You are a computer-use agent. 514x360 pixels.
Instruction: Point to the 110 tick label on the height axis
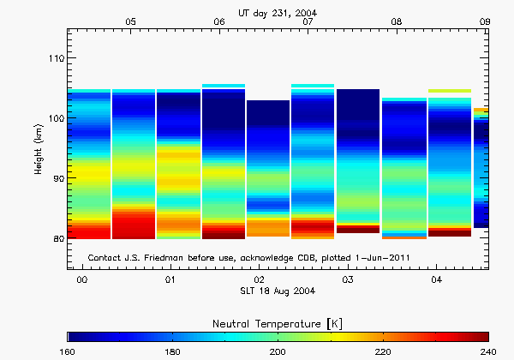pos(55,57)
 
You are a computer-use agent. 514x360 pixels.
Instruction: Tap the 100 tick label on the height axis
pos(55,117)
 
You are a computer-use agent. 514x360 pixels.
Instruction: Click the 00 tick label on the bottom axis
pos(81,280)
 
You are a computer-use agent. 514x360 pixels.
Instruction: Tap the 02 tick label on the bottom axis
pos(260,280)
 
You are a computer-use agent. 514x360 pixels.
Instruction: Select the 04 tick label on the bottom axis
pos(437,280)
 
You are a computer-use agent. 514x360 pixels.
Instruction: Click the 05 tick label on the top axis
pos(130,21)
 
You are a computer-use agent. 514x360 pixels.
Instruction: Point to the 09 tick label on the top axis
pos(484,21)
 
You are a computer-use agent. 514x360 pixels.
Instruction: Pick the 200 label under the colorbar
pos(278,351)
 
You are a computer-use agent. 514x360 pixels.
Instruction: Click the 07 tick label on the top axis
pos(308,21)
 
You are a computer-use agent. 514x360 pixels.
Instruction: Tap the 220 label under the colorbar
pos(383,351)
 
